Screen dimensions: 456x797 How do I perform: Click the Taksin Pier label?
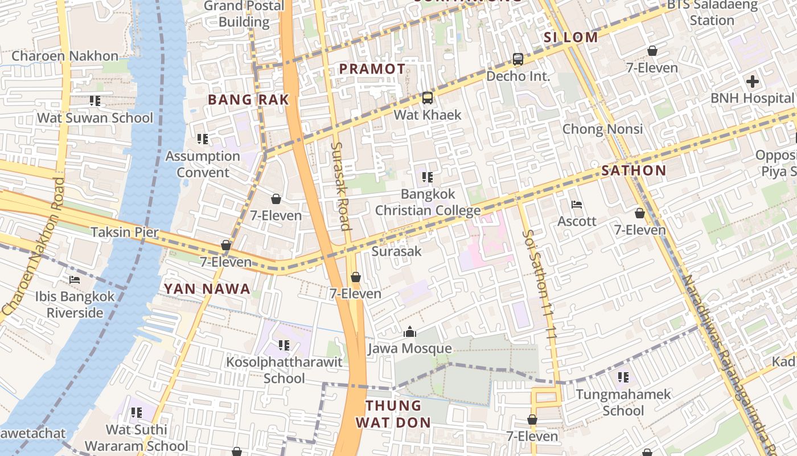coord(125,232)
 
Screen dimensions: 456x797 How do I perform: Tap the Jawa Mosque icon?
coord(409,332)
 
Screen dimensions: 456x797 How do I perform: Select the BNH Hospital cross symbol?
coord(752,82)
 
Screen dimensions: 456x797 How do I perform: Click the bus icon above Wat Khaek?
coord(427,98)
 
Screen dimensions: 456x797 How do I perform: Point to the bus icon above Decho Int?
coord(517,59)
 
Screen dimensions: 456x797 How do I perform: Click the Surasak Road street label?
coord(340,186)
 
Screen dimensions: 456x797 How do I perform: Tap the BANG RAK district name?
coord(248,100)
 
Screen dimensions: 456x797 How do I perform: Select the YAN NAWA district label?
coord(207,289)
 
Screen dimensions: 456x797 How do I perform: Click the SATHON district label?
coord(634,170)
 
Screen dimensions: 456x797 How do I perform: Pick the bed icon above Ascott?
coord(576,205)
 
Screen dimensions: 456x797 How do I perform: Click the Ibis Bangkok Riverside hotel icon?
coord(75,280)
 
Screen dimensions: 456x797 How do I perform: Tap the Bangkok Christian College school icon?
coord(427,177)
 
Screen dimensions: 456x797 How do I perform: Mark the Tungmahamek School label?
coord(623,402)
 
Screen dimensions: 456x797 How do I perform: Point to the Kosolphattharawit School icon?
coord(284,345)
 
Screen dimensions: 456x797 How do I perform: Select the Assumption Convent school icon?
coord(202,139)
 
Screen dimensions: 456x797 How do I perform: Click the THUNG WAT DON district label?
coord(393,414)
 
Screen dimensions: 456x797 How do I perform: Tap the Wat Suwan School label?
coord(95,118)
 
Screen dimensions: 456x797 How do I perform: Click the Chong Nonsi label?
coord(602,129)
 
